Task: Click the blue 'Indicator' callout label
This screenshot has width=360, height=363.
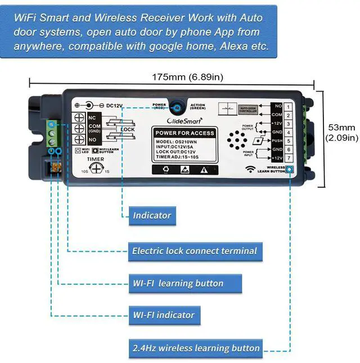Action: [152, 215]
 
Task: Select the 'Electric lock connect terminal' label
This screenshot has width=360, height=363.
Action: [194, 251]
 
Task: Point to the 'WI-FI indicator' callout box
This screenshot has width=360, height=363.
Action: [164, 315]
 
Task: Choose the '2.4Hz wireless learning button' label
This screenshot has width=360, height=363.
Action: [196, 348]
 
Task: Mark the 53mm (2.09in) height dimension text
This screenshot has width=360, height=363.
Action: [341, 132]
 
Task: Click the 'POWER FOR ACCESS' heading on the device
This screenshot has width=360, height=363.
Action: [184, 133]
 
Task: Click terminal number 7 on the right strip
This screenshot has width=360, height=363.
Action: [288, 158]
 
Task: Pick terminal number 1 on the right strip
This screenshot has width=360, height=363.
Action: [288, 106]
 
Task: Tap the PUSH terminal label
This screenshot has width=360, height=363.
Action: [277, 140]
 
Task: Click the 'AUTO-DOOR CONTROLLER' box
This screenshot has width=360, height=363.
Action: [247, 108]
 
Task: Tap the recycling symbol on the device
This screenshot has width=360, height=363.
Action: [165, 169]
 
